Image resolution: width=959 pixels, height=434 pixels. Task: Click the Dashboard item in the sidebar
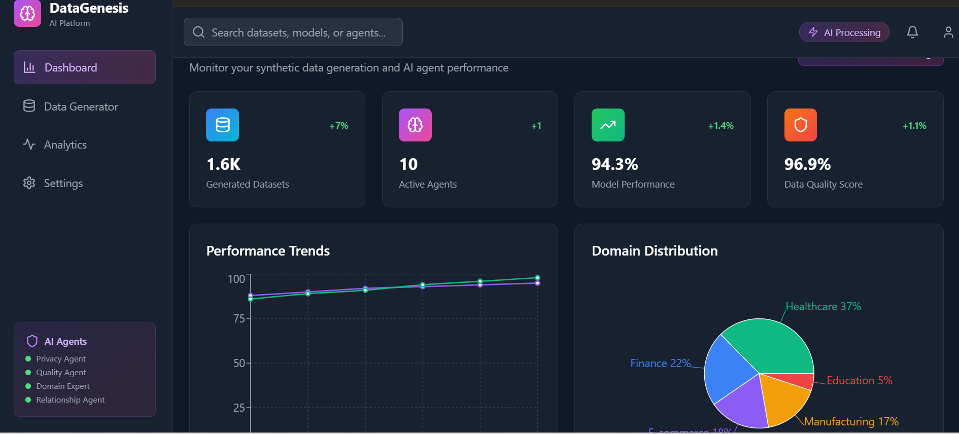84,67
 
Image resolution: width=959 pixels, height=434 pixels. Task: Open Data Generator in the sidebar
81,106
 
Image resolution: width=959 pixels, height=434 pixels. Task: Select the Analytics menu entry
65,145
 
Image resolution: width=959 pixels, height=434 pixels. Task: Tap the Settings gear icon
29,183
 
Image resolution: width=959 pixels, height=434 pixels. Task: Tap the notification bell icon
912,32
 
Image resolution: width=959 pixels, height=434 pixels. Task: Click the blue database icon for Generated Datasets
222,125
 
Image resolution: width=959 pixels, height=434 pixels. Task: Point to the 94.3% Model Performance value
614,164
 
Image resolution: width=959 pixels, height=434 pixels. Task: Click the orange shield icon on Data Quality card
800,125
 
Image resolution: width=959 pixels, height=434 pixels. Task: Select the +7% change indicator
338,126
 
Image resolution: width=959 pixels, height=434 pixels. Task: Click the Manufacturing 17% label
851,421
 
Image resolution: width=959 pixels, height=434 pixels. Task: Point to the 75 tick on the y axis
238,318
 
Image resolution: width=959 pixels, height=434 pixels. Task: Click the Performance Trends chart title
268,251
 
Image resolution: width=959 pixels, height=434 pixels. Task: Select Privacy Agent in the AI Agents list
61,359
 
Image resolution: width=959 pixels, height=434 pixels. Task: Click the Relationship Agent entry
70,400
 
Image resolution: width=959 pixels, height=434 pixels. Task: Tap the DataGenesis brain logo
27,14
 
